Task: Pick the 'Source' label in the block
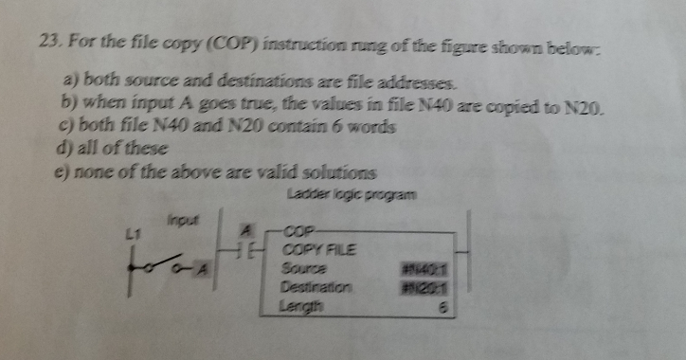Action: pyautogui.click(x=300, y=269)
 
